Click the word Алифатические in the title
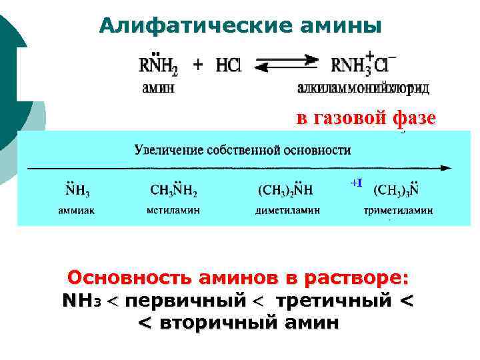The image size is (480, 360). (178, 26)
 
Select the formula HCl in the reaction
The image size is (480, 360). (228, 65)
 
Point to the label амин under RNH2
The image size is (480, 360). (158, 88)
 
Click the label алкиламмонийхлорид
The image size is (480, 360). (363, 88)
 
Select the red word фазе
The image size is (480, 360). (414, 118)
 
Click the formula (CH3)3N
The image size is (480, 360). (396, 190)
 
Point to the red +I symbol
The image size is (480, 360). (356, 182)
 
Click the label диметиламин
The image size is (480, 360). (287, 211)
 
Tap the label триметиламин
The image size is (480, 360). (398, 211)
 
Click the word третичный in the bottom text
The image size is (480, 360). (333, 301)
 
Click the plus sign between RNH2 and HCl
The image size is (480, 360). (198, 65)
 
